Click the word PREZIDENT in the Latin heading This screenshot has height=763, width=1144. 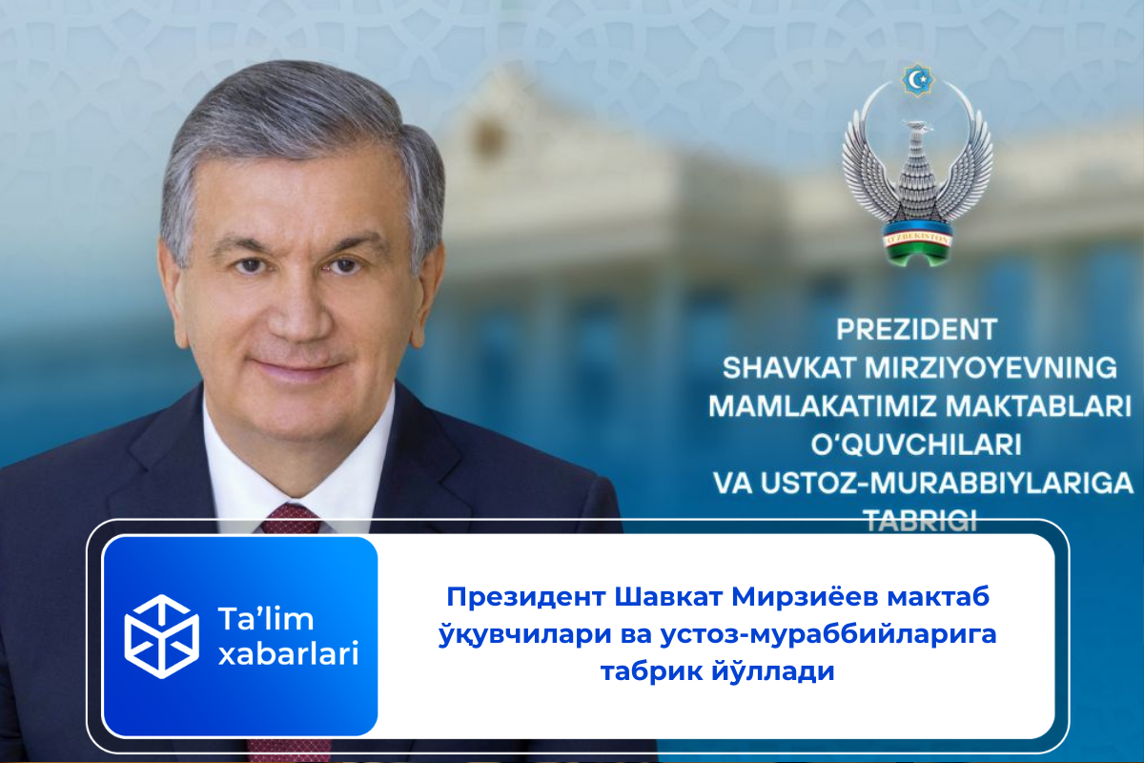pyautogui.click(x=916, y=330)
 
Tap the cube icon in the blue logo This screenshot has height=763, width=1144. pyautogui.click(x=162, y=636)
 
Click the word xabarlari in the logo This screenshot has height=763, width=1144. pyautogui.click(x=289, y=656)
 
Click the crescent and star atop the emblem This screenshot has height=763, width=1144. pyautogui.click(x=917, y=79)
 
